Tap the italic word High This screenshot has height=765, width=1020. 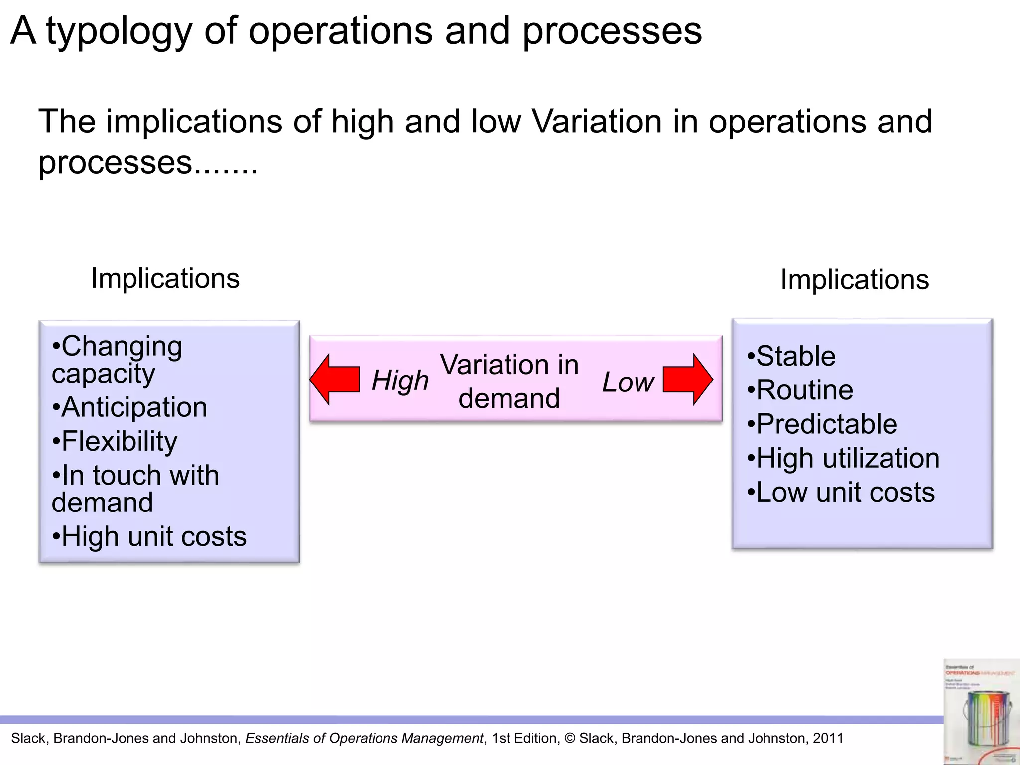[x=400, y=381]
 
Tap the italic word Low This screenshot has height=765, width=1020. [x=628, y=382]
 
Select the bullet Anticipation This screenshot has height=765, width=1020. [x=129, y=407]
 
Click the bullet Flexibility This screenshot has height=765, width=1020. [x=115, y=441]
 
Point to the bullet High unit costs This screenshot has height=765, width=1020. [x=149, y=537]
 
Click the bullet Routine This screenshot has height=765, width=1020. [x=800, y=390]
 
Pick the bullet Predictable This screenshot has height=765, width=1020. [x=822, y=424]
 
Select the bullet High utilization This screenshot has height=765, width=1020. [x=843, y=458]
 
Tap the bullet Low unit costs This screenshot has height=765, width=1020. [x=841, y=493]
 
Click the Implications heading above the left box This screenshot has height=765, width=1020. [x=165, y=278]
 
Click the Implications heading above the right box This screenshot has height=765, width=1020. [x=855, y=279]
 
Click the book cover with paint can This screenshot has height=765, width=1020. [x=981, y=712]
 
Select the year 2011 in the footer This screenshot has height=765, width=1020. [x=828, y=738]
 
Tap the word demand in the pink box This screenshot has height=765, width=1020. [x=509, y=398]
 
